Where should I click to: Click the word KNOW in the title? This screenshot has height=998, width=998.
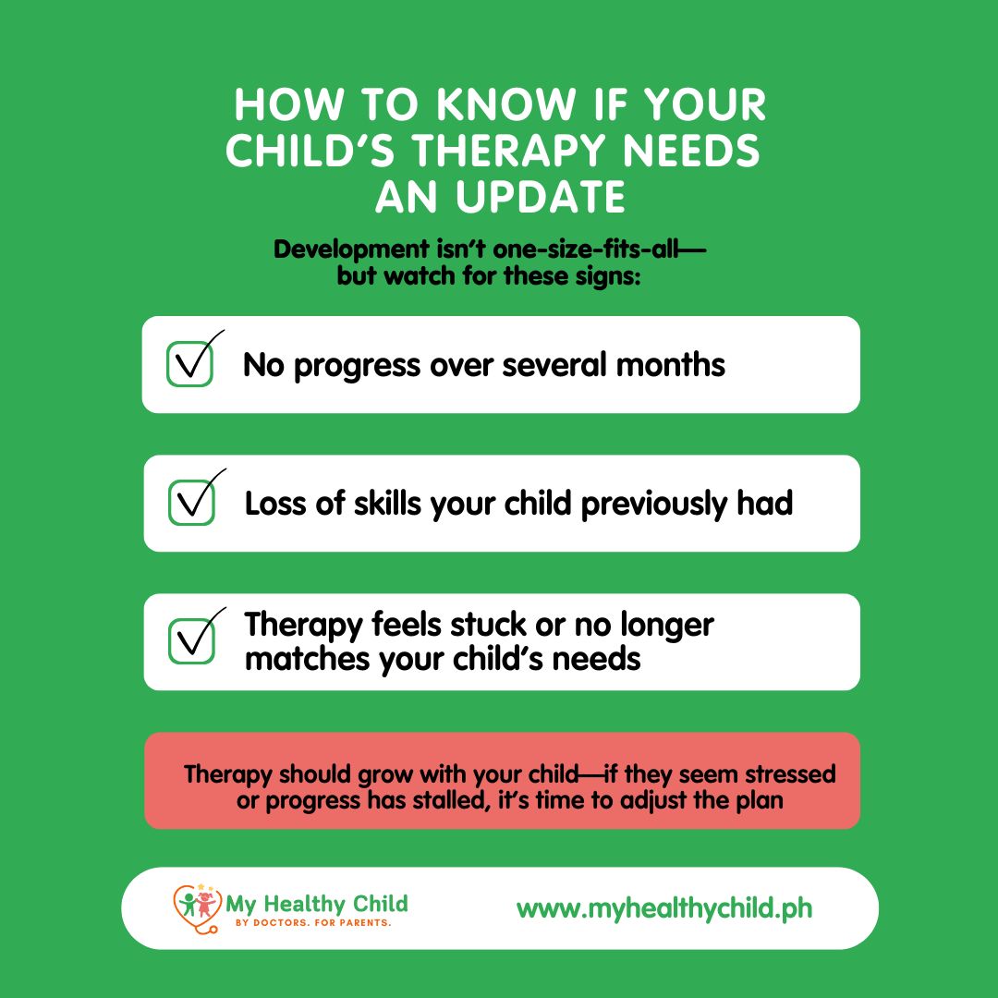(506, 104)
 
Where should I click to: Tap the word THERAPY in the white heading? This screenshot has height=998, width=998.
(509, 151)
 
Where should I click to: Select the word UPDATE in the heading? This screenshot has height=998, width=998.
(541, 197)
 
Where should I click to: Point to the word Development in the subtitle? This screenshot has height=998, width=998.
(351, 249)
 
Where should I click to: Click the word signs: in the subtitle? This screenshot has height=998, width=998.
(608, 276)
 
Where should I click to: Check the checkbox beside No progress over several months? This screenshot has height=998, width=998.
(189, 364)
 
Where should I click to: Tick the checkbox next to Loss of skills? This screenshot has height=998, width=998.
(191, 503)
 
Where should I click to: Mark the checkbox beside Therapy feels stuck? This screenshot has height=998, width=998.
(191, 641)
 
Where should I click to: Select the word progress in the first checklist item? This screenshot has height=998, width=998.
(358, 367)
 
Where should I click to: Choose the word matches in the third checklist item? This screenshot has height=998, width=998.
(308, 659)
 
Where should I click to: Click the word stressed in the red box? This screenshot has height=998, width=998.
(790, 774)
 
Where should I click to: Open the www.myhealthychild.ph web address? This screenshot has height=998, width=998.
(664, 909)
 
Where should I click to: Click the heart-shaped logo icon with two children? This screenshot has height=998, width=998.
(198, 908)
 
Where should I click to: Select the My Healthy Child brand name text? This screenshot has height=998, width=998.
(316, 904)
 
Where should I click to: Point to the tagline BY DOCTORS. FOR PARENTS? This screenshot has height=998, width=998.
(313, 923)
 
